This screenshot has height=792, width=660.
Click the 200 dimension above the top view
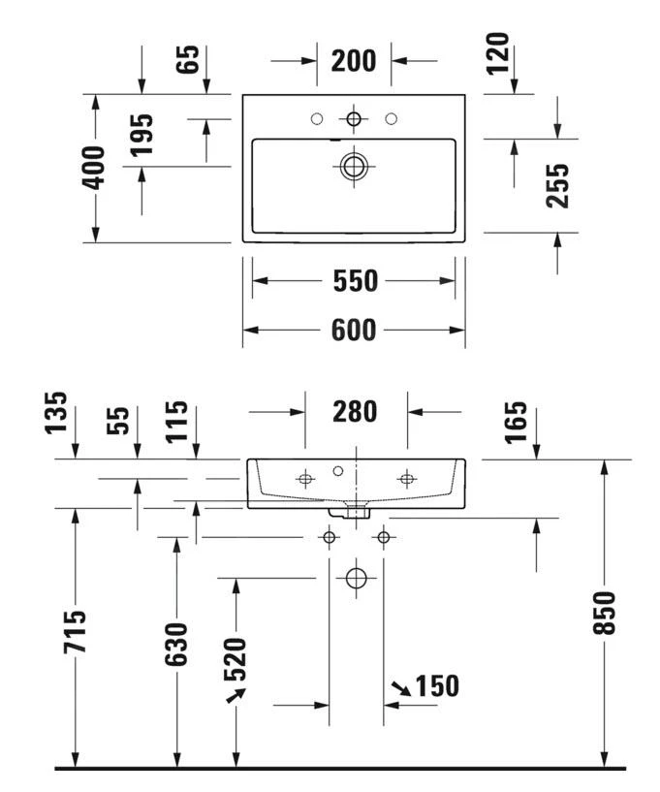click(354, 60)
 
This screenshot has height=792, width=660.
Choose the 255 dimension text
click(557, 185)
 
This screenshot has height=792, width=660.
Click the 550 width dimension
click(354, 281)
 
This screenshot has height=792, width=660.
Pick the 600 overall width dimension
click(354, 330)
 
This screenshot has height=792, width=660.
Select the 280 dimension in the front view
click(355, 411)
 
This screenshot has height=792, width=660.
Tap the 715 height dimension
click(75, 631)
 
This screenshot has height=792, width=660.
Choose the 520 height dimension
click(236, 659)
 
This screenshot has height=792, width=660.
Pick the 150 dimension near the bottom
click(436, 686)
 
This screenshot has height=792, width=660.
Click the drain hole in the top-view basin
click(354, 165)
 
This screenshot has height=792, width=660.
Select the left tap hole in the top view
click(316, 118)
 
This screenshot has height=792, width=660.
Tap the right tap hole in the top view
click(392, 118)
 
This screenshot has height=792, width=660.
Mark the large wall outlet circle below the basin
click(357, 579)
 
